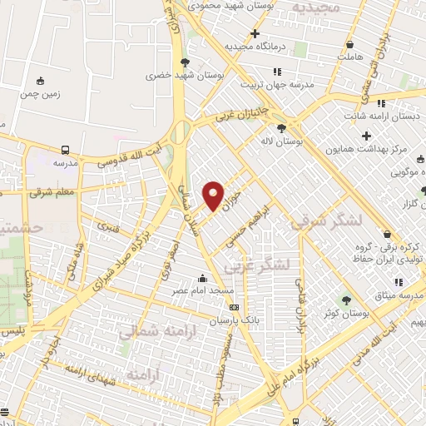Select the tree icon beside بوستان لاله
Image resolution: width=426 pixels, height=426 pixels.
coord(281,127)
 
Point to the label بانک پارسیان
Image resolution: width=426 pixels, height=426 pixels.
coord(229,319)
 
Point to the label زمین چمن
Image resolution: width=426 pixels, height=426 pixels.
coord(40,94)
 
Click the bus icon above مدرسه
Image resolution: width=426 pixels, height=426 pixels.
coord(65,151)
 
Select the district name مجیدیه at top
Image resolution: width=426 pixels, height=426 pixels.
coord(315,7)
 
